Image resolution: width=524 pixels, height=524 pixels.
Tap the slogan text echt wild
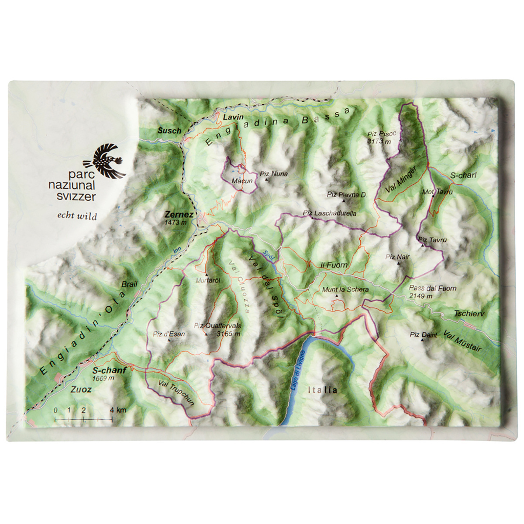[77, 216]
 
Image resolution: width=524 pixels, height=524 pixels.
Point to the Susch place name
[169, 130]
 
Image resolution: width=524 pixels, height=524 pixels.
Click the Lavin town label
[233, 117]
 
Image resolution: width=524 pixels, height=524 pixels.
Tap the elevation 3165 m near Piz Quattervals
[228, 334]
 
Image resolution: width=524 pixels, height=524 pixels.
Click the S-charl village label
[463, 175]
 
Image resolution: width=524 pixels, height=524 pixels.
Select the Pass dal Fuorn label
[432, 288]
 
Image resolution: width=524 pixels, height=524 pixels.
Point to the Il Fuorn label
[334, 265]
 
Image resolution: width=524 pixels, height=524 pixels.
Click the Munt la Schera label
[345, 289]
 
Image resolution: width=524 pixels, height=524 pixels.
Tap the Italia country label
[323, 390]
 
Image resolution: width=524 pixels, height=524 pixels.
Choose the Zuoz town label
[81, 389]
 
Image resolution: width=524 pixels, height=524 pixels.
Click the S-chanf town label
[109, 370]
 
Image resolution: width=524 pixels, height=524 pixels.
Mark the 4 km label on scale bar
[118, 410]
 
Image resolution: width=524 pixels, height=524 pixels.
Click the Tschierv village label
[469, 314]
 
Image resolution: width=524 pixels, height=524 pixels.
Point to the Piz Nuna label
[274, 173]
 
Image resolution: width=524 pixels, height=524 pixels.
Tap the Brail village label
[129, 284]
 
